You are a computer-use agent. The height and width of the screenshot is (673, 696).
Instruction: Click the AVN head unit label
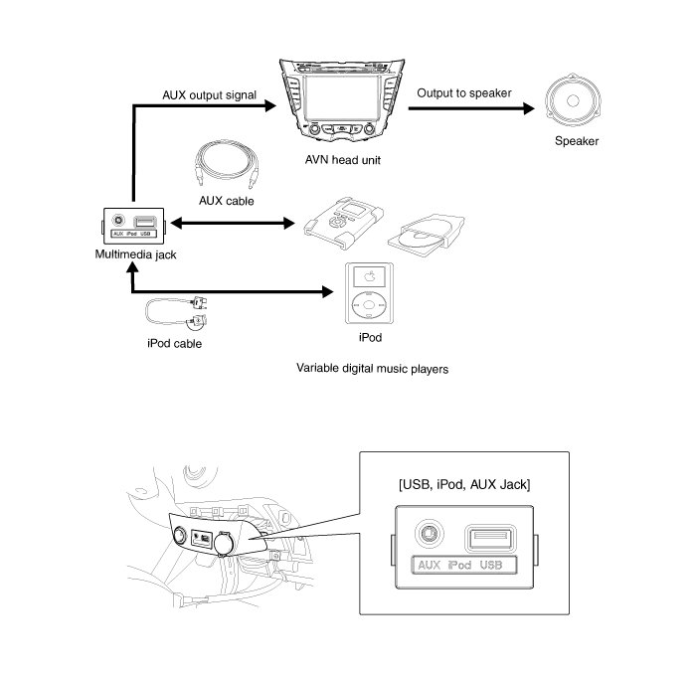click(x=343, y=158)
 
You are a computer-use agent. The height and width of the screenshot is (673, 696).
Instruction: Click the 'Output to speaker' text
click(x=464, y=93)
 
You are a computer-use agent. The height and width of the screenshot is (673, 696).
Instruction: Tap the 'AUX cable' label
click(x=227, y=201)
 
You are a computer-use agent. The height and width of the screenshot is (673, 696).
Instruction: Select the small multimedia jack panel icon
click(x=132, y=226)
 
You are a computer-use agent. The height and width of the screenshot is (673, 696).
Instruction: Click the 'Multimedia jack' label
click(x=130, y=254)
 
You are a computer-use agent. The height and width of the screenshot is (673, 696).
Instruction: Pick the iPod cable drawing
click(x=179, y=312)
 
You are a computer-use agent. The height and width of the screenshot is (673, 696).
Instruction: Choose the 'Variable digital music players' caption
click(x=373, y=368)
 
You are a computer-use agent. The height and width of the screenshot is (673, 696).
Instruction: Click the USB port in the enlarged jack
click(x=489, y=538)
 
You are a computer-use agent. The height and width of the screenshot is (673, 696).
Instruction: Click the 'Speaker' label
click(x=577, y=141)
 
